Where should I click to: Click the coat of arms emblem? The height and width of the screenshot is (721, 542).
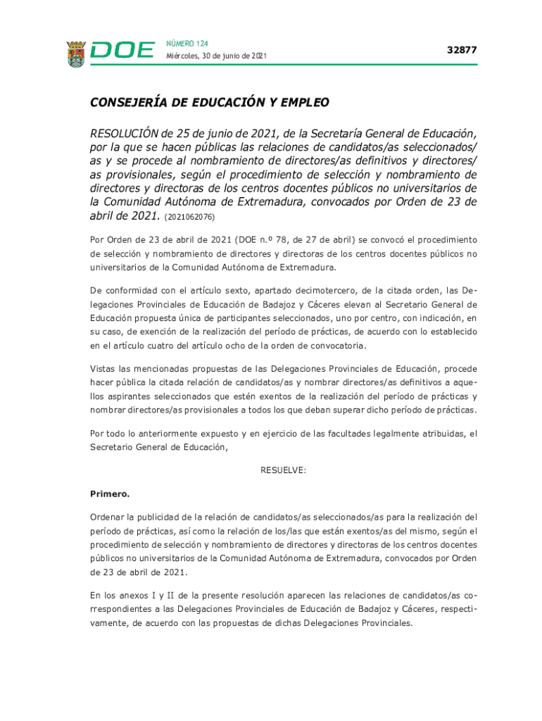pos(76,54)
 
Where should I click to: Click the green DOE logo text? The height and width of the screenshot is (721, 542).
pos(122,51)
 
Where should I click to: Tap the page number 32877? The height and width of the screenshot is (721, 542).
pos(462,50)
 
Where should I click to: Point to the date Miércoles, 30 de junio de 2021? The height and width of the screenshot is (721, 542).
pos(216,56)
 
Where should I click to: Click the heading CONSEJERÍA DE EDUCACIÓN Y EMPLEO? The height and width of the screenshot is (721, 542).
pos(209,103)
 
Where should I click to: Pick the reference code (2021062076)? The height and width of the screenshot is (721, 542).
pos(190,218)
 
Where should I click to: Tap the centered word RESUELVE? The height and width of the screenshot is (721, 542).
pos(284,470)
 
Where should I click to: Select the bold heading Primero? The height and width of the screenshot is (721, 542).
pos(110,494)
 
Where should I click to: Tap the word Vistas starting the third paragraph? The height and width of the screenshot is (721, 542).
pos(104,368)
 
